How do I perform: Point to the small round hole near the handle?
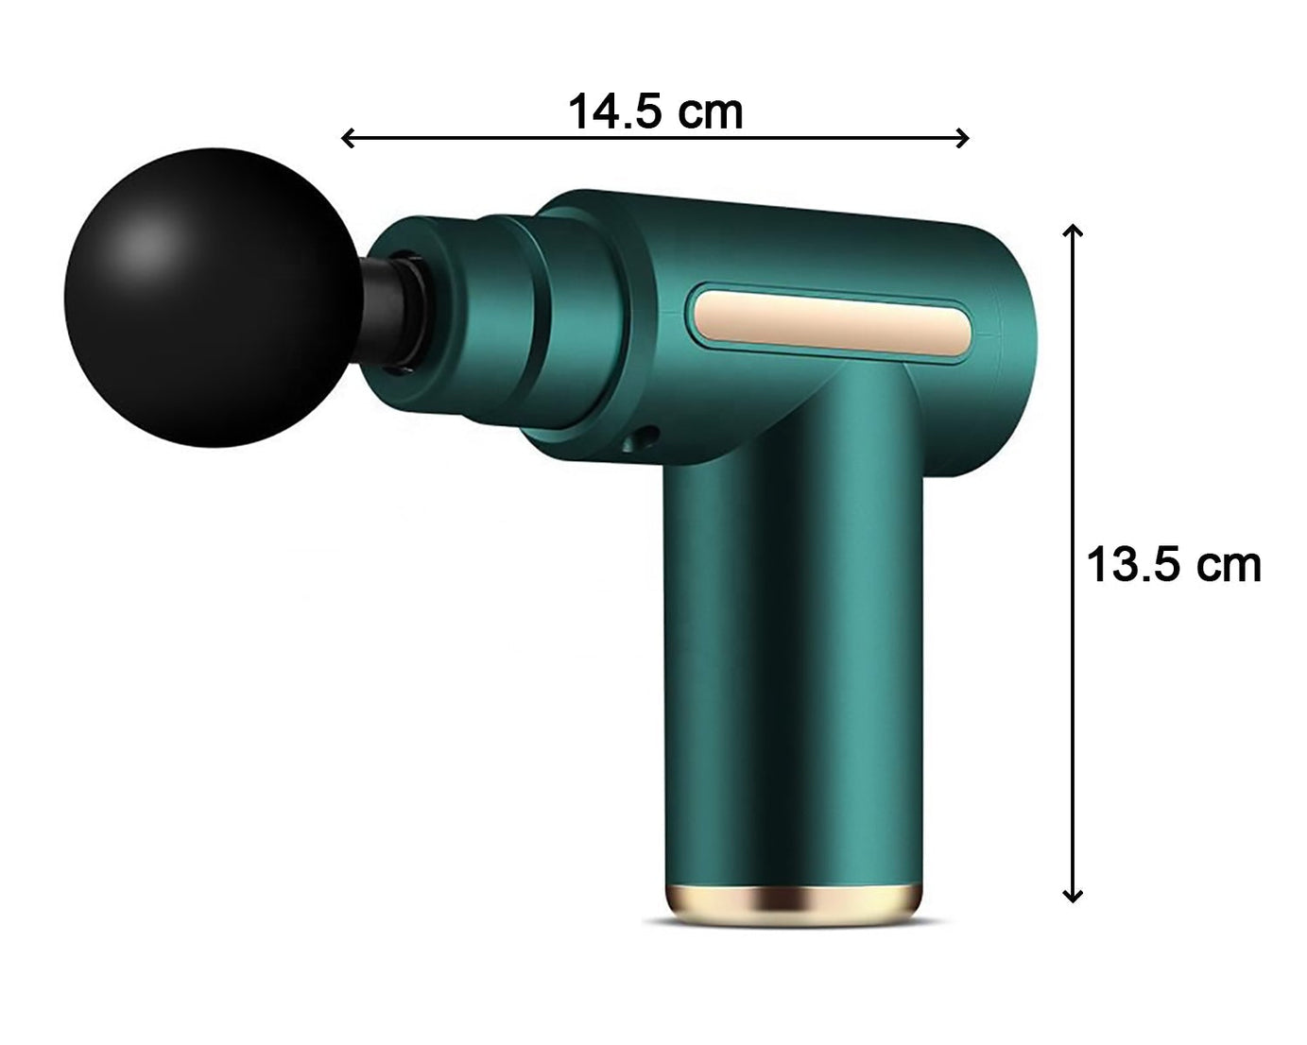coord(647,437)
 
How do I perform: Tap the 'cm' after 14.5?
coord(713,112)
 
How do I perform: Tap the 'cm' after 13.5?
coord(1229,566)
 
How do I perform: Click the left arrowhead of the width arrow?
coord(347,139)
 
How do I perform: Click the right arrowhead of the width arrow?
coord(963,139)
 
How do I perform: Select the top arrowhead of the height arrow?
coord(1072,231)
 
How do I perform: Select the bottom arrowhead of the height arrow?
coord(1072,896)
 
